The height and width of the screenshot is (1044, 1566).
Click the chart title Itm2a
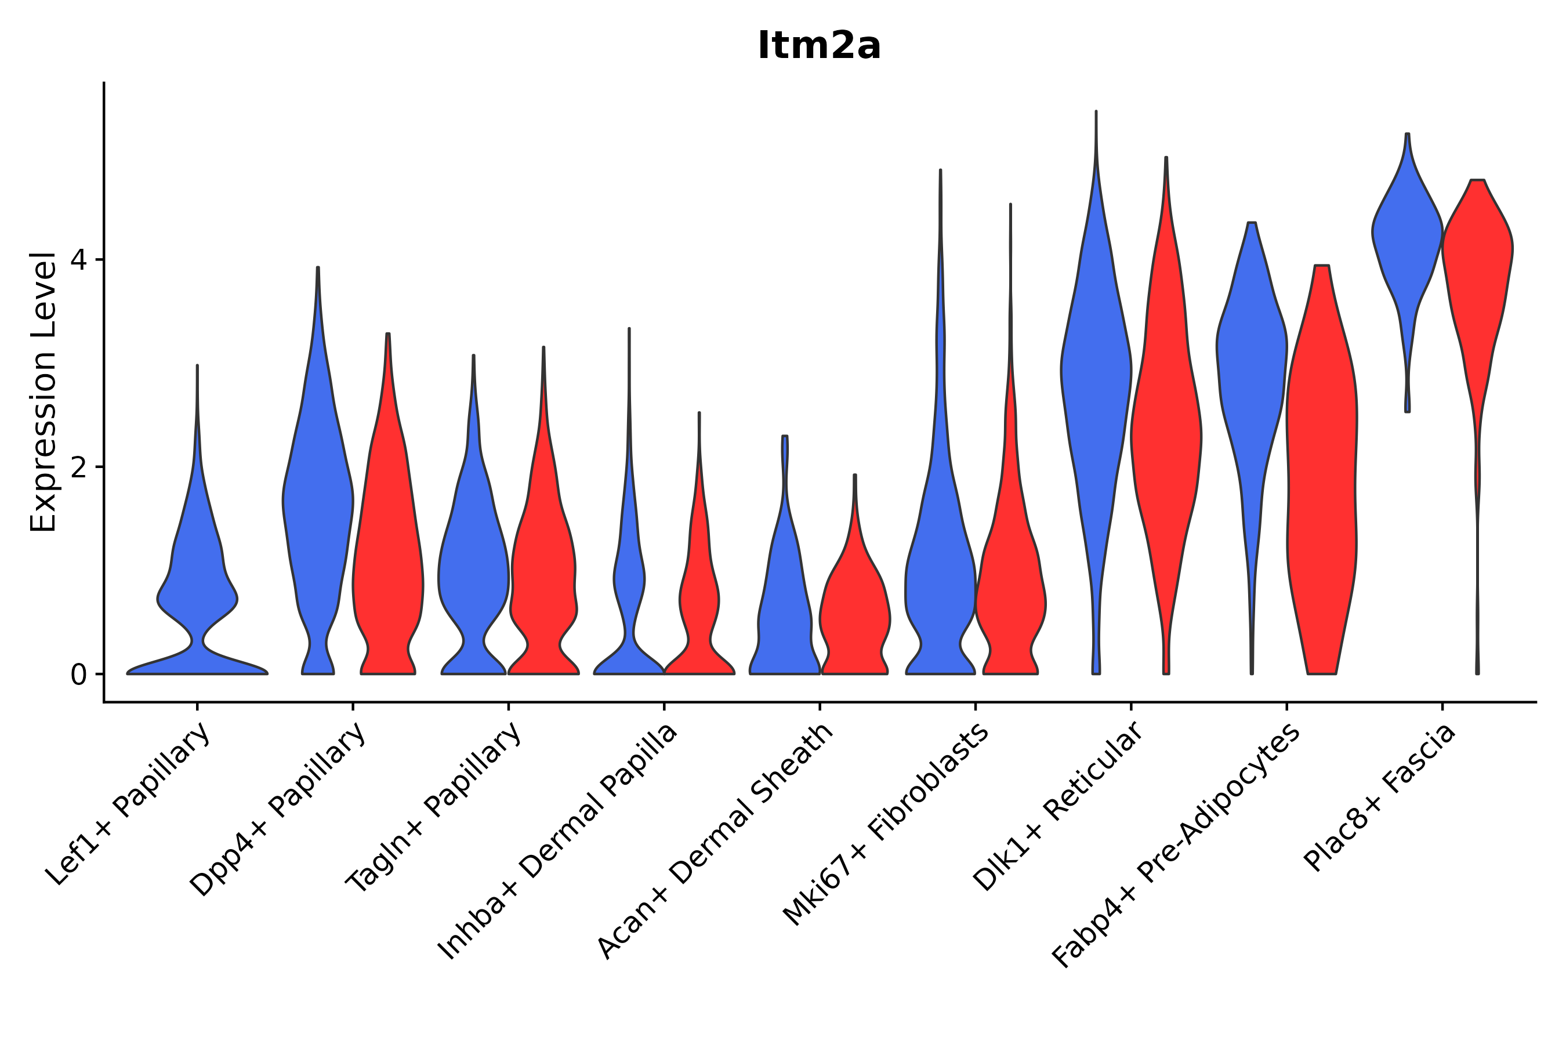coord(819,46)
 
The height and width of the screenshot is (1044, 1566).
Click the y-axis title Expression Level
coord(43,392)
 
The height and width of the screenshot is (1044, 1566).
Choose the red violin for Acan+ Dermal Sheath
coord(855,612)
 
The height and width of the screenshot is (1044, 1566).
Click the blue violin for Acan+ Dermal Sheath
coord(784,599)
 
